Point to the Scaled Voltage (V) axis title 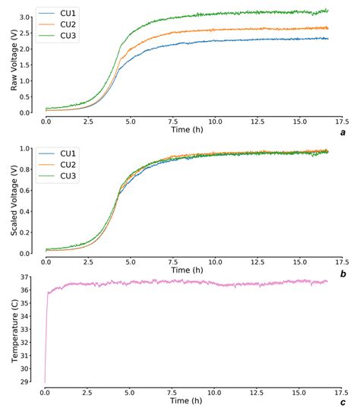tap(14, 201)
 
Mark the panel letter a tap(343, 132)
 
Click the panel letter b tap(343, 273)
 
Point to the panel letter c tap(343, 402)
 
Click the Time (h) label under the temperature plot tap(188, 401)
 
